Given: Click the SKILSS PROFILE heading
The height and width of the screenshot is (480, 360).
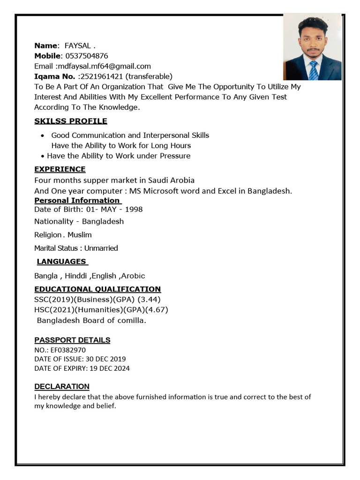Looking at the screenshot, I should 71,121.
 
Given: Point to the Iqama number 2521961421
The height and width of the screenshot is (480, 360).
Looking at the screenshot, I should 102,76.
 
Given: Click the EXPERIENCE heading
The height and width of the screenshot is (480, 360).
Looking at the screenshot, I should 60,169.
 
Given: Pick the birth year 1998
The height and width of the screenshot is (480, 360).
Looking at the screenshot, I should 134,209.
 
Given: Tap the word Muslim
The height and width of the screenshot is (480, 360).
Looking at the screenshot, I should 80,235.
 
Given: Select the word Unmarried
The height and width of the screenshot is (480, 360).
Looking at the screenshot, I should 101,248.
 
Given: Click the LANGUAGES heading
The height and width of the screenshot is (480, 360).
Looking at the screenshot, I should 61,262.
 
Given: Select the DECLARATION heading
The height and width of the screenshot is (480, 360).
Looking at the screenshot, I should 62,387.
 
